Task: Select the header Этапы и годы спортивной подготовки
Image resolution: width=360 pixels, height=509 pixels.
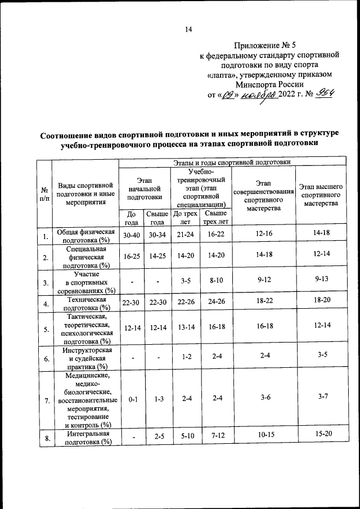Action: point(231,163)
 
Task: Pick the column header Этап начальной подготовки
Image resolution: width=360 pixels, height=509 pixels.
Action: point(145,187)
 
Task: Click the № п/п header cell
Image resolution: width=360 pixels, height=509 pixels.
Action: point(44,195)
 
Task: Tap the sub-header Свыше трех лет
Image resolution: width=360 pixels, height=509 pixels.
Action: point(215,217)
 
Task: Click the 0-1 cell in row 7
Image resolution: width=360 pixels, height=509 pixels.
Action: point(133,399)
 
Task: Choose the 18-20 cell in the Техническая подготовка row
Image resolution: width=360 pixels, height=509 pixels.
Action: point(321,302)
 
